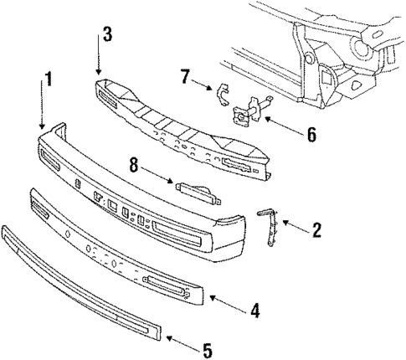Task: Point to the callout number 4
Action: tap(254, 311)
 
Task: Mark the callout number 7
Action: tap(184, 78)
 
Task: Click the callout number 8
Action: tap(134, 166)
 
